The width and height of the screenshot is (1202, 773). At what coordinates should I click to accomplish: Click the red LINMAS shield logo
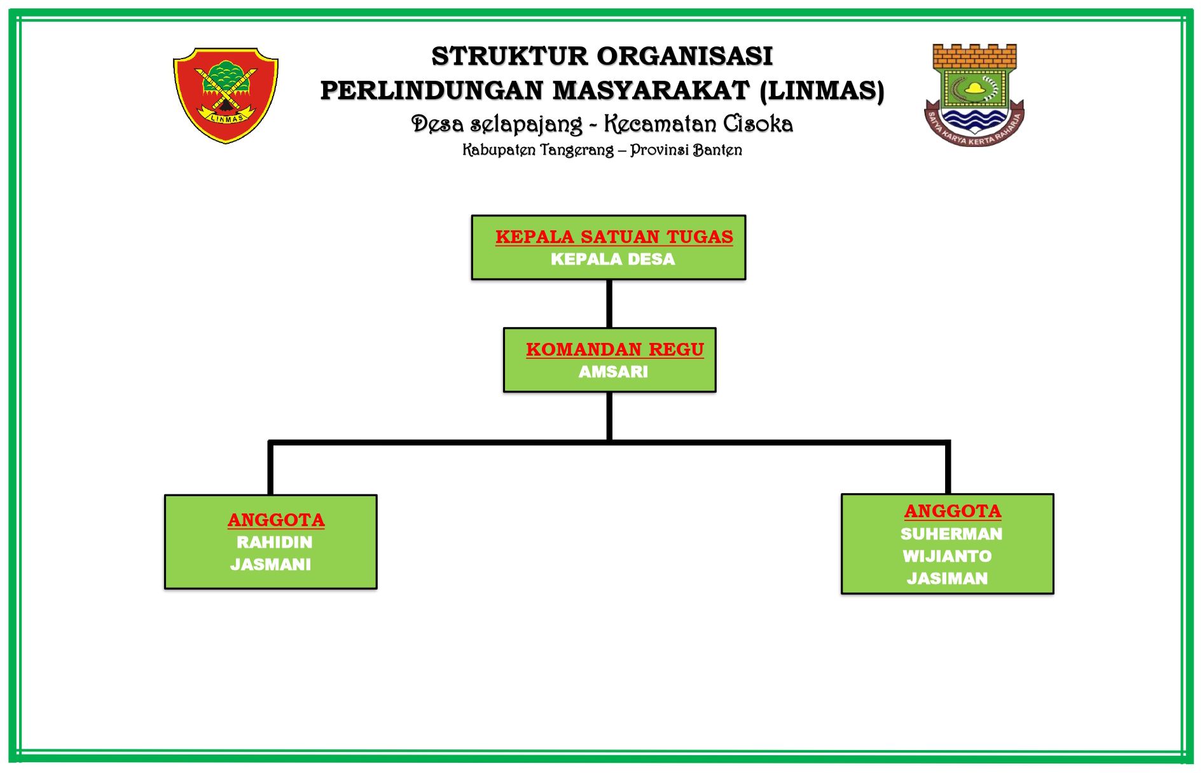tap(226, 95)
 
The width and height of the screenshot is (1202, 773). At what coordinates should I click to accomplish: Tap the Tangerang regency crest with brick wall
tap(974, 95)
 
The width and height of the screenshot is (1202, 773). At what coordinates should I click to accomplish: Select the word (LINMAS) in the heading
tap(822, 91)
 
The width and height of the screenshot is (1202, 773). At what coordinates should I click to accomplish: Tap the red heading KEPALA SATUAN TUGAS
tap(614, 237)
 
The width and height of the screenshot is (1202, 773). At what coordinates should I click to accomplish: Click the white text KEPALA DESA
tap(612, 260)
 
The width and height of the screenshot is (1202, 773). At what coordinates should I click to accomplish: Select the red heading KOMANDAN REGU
tap(614, 349)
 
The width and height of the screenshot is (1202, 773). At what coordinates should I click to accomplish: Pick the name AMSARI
tap(613, 372)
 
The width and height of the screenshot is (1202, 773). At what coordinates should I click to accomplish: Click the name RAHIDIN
tap(275, 543)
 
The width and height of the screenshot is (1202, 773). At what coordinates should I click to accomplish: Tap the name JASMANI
tap(271, 565)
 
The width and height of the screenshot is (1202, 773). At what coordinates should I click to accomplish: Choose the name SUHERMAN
tap(951, 534)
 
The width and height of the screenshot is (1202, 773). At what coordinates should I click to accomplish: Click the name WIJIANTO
tap(947, 557)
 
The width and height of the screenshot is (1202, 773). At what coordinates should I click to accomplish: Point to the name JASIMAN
tap(947, 579)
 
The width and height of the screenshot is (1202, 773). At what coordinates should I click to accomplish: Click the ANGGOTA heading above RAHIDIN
tap(276, 520)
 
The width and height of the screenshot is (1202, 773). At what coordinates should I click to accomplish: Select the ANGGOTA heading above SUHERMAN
tap(953, 512)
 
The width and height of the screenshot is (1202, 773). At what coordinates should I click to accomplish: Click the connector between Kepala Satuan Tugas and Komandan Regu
tap(609, 303)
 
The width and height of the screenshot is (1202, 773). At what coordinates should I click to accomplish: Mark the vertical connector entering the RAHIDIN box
tap(271, 469)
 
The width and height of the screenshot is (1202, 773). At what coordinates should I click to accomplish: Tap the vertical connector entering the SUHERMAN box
tap(948, 468)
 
